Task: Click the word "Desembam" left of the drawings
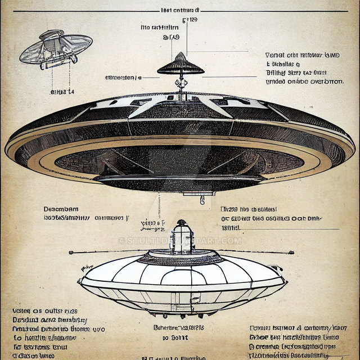61,209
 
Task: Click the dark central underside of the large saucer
180,163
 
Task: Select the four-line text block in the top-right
303,68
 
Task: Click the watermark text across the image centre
180,241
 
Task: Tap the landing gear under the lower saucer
180,309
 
